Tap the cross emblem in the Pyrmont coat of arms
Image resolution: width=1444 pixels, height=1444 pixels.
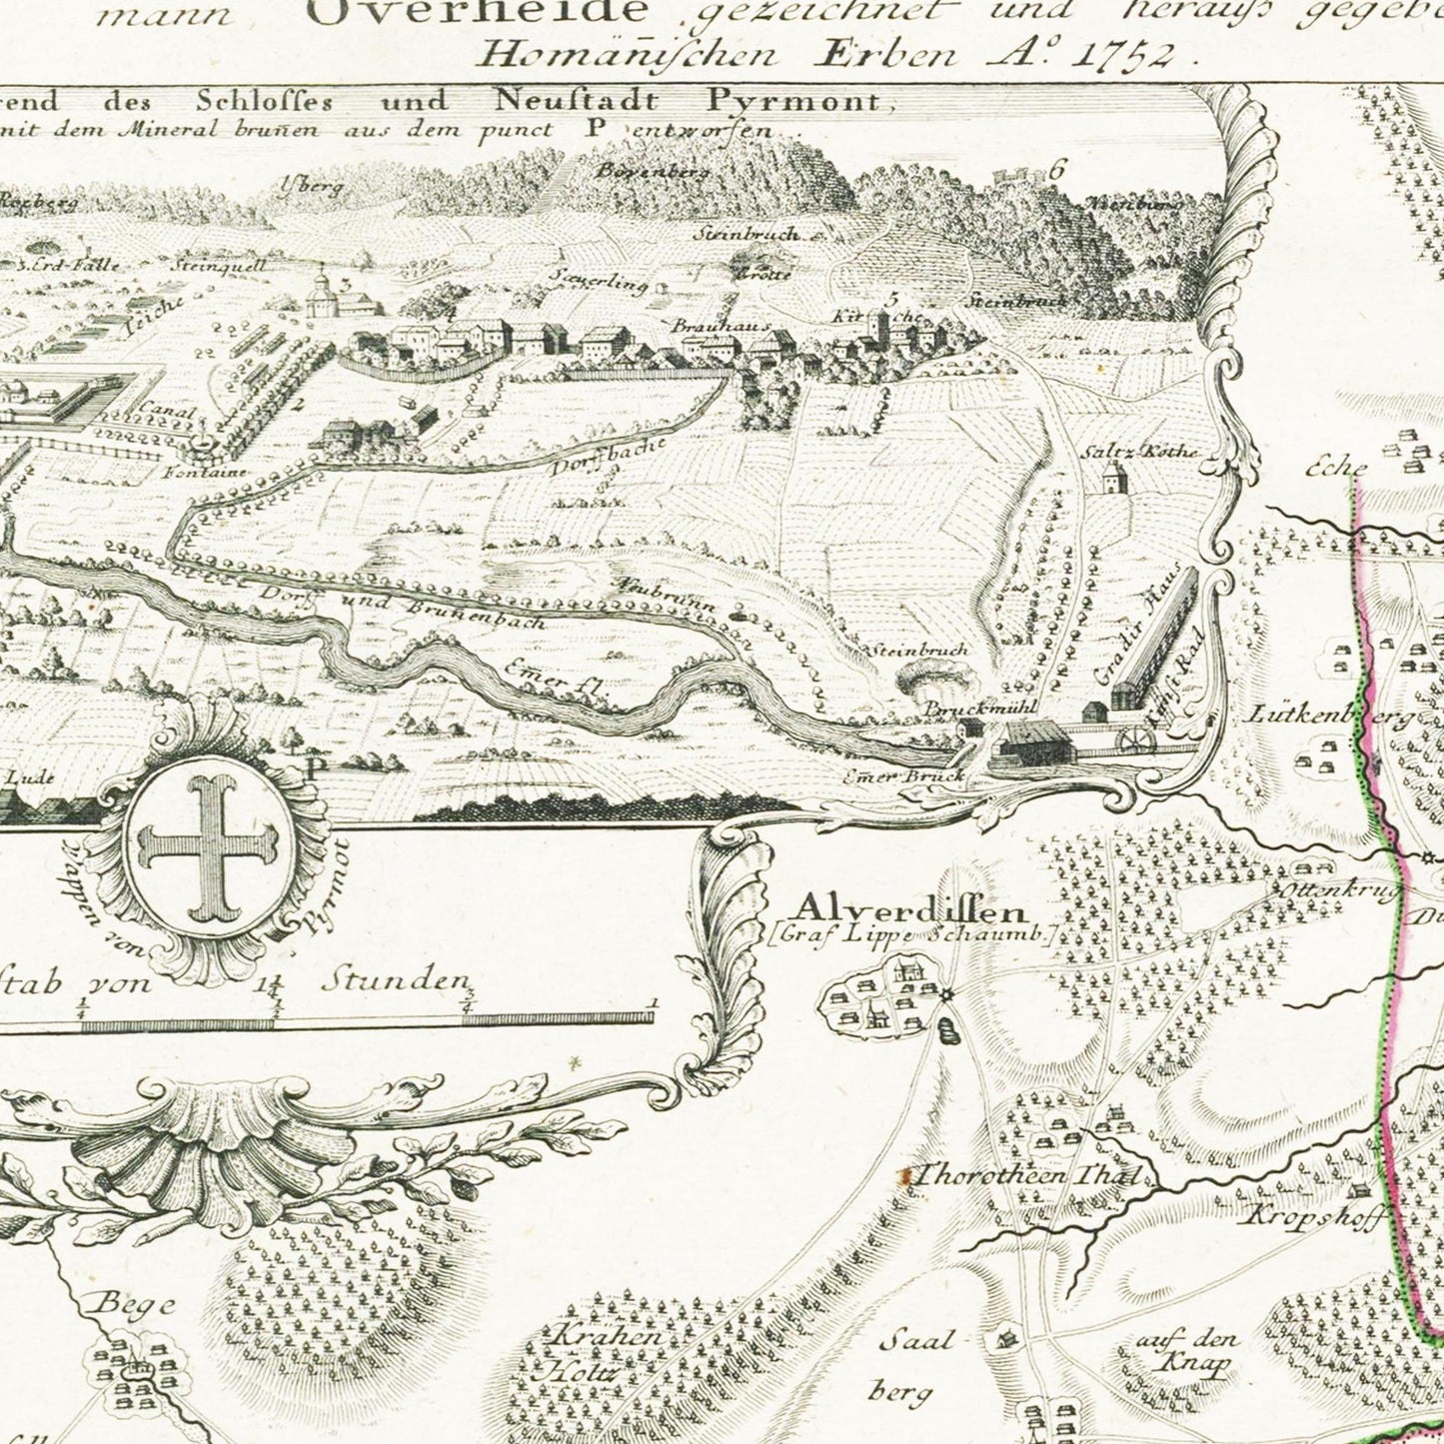pos(209,848)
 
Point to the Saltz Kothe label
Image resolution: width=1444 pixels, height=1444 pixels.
pos(1139,452)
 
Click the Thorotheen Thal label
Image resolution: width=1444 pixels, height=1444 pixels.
pos(1028,1175)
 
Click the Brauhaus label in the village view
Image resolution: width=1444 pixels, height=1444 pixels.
pos(707,326)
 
